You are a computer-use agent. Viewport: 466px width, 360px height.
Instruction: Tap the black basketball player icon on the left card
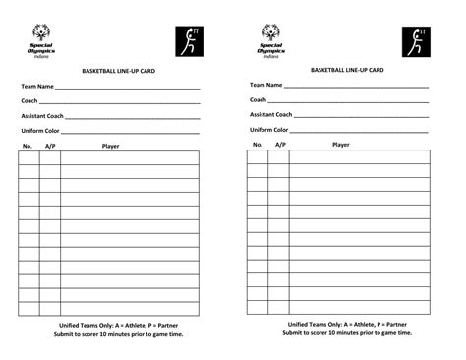coord(188,42)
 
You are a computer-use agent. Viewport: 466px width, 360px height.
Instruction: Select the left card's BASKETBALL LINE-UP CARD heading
coord(118,72)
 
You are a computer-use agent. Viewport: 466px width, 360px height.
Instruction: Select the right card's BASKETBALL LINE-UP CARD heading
coord(347,71)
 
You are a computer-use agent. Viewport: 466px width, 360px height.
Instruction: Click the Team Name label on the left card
coord(37,87)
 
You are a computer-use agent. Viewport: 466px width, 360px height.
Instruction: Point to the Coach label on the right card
coord(258,99)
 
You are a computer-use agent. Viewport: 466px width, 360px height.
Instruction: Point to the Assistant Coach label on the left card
coord(42,116)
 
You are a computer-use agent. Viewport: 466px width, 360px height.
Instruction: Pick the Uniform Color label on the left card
coord(40,131)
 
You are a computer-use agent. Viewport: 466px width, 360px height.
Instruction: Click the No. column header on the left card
coord(28,146)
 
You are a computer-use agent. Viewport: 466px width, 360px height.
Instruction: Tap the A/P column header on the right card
coord(280,145)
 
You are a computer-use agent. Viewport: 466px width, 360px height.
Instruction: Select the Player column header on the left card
coord(111,146)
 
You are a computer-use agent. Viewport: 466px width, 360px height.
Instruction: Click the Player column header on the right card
coord(340,145)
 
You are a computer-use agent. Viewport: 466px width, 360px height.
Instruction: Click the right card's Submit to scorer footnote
coord(347,333)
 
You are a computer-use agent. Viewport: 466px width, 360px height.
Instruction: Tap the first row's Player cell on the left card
coord(129,157)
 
